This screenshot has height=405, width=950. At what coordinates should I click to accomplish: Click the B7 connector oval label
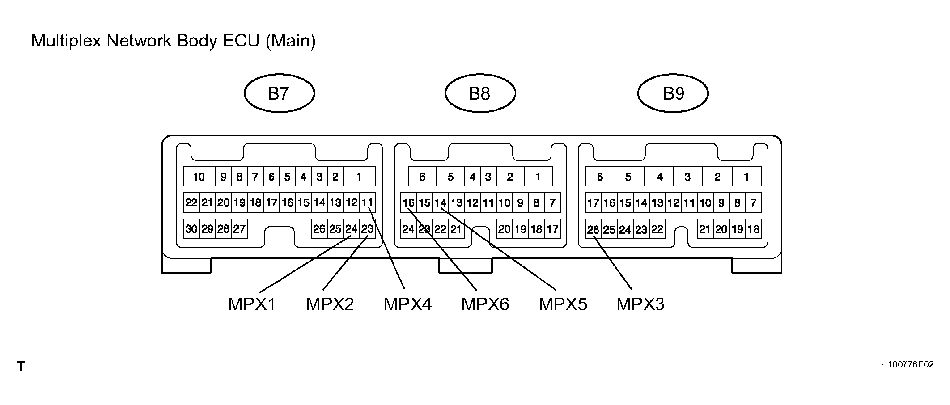point(279,93)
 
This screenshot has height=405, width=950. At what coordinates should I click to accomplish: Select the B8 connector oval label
point(480,93)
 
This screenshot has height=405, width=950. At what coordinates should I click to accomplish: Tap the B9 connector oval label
point(673,93)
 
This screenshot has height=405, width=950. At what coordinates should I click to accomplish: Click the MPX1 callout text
point(252,304)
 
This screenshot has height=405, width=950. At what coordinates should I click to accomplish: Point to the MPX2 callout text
point(330,304)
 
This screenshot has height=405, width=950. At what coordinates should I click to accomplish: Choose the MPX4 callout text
point(407,304)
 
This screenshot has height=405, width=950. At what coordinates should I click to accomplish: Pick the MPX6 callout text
point(485,304)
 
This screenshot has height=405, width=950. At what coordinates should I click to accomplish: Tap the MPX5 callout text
point(563,304)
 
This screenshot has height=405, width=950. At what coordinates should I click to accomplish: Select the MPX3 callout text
point(640,304)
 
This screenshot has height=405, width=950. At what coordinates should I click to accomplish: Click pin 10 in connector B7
point(199,177)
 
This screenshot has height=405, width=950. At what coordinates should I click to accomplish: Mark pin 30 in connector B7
point(191,229)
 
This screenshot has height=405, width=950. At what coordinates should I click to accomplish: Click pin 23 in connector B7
point(367,229)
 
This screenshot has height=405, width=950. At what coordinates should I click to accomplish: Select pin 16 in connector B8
point(408,203)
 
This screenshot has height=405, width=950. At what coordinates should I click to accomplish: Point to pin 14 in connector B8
point(441,203)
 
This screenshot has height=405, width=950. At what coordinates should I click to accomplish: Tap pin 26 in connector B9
point(593,229)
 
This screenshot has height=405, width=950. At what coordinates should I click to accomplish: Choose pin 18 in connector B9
point(753,229)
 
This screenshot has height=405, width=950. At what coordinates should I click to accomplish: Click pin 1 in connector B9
point(746,177)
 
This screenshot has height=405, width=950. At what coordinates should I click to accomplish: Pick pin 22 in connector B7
point(191,202)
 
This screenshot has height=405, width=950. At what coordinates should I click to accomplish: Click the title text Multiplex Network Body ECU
point(145,41)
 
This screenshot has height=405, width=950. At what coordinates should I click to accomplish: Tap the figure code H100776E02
point(908,364)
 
